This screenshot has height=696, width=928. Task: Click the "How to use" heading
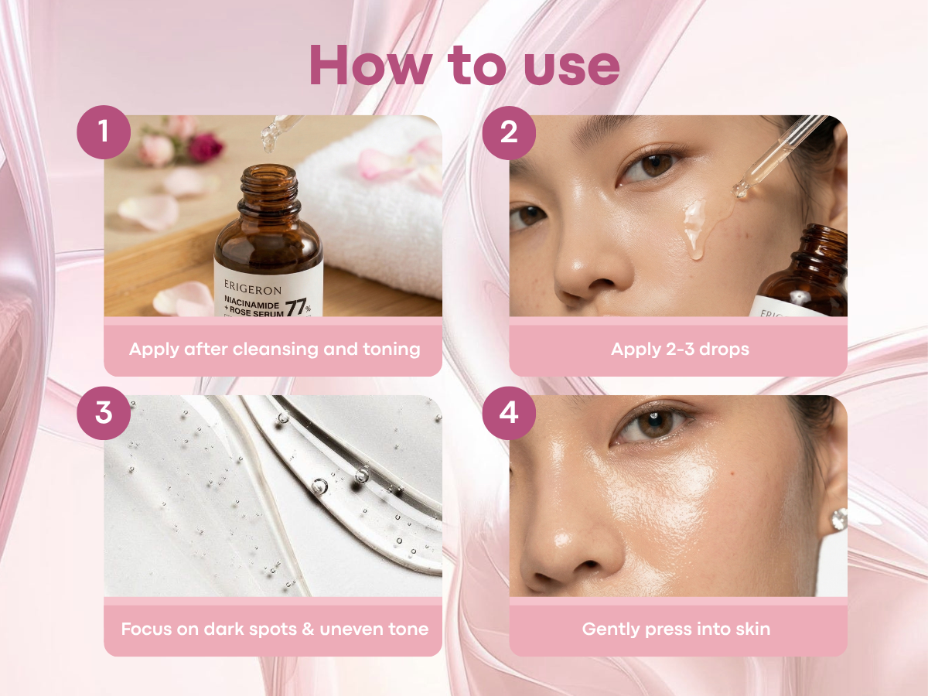coord(464,67)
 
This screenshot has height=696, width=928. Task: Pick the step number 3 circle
coord(104,413)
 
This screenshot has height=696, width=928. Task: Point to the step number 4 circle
coord(508,413)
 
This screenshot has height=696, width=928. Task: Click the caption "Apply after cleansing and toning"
coord(275,349)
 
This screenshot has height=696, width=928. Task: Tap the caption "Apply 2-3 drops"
coord(679,349)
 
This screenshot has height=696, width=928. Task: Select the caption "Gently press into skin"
coord(676,629)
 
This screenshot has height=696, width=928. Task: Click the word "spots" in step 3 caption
coord(266,629)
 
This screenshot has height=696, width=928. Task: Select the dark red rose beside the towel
coord(205,147)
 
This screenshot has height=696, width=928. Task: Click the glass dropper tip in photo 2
coord(741,189)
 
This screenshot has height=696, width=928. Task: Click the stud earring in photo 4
coord(838,520)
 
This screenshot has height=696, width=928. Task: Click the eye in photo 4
coord(651,424)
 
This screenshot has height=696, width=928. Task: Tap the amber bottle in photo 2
coord(804,275)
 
